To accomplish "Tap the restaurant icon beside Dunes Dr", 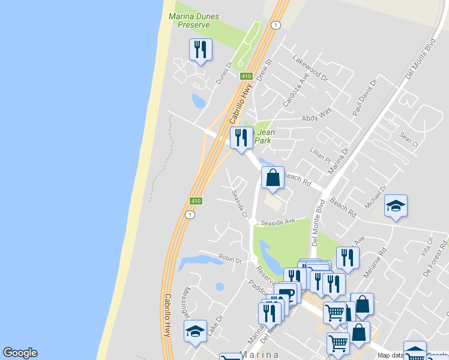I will coord(200,50).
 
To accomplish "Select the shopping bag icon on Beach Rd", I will coord(273,178).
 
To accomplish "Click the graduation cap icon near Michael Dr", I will coord(396,206).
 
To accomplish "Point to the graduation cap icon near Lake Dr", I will coord(195,331).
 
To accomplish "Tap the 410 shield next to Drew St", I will coord(246,76).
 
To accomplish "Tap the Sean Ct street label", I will coord(408,139).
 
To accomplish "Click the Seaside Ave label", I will coord(281,221).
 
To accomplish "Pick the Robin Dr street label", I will coord(229,260).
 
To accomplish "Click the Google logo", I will coord(20,353).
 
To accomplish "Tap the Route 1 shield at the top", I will coord(275,25).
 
